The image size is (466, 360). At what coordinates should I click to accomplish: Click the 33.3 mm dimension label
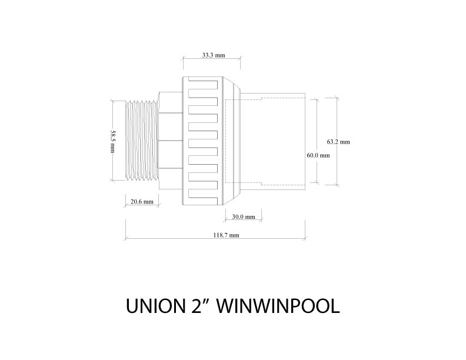[214, 55]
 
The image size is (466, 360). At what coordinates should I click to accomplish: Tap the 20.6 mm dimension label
[141, 201]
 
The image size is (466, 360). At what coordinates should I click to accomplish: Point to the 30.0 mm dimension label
[243, 216]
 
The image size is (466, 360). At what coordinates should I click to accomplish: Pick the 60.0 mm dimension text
[318, 155]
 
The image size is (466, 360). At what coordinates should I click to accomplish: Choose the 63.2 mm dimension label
[338, 142]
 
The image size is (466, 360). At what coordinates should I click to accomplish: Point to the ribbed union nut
[203, 141]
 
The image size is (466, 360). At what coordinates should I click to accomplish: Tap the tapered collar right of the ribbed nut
[233, 141]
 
